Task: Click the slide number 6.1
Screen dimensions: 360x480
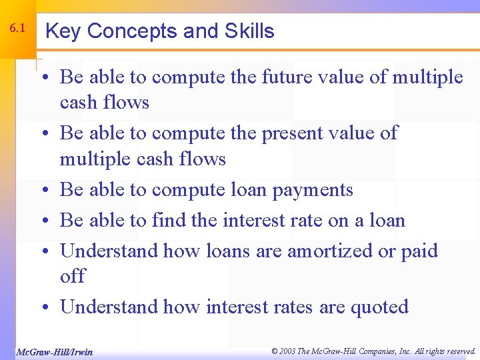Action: point(18,29)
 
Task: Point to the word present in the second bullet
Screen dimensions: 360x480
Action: point(298,133)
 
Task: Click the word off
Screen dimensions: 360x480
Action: point(72,276)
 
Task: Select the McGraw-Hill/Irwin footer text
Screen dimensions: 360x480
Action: point(54,351)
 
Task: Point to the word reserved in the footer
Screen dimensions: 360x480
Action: point(459,351)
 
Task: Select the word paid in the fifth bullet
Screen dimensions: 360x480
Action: point(419,251)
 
